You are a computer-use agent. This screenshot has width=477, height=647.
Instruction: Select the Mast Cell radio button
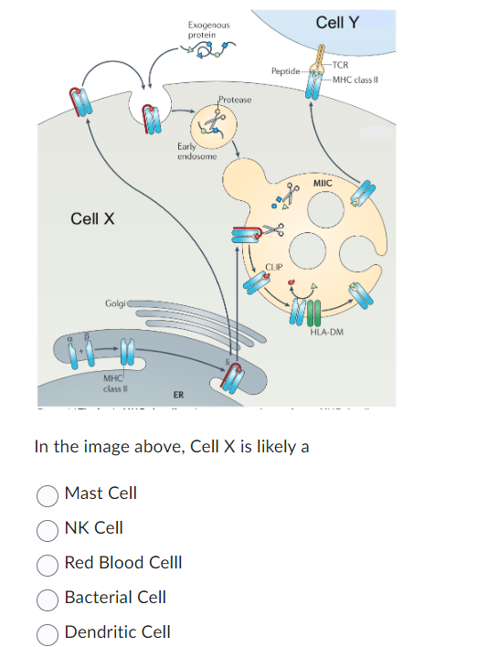coord(48,493)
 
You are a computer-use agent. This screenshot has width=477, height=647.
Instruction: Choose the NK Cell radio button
coord(48,528)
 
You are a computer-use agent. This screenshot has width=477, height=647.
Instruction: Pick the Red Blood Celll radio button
coord(48,563)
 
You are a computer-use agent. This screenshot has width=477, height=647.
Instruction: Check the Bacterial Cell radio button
coord(48,598)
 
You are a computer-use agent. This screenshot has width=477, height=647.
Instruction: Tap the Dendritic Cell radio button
coord(48,632)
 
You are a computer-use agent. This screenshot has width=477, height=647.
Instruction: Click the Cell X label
coord(92,218)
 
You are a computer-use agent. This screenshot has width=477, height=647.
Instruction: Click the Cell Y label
coord(337,22)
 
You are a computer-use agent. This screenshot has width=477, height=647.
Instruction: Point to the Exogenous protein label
coord(208,29)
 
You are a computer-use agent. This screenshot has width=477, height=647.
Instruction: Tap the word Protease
coord(235,98)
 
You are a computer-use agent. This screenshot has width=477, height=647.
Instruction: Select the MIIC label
coord(323,184)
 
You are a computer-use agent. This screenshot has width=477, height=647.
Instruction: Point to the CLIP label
coord(275,266)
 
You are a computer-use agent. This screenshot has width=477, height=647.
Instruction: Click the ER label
coord(179,395)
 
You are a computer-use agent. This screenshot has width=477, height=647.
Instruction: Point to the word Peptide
coord(285,70)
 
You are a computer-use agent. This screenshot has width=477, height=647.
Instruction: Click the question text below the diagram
coord(171,447)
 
